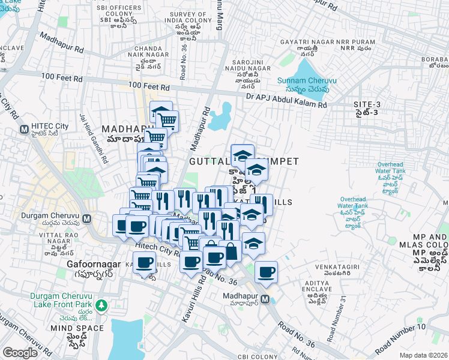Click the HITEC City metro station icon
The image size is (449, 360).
25,129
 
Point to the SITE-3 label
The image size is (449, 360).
367,105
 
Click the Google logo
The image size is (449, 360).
20,353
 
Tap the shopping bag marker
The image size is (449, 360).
231,250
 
